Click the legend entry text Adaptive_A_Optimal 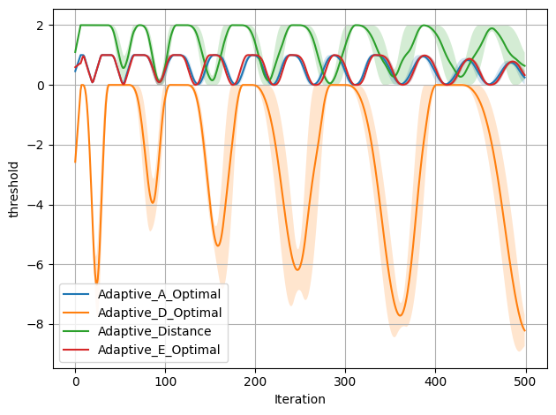pyautogui.click(x=159, y=294)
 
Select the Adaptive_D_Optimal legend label pyautogui.click(x=160, y=313)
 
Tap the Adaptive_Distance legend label pyautogui.click(x=154, y=331)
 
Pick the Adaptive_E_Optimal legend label pyautogui.click(x=159, y=350)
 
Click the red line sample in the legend pyautogui.click(x=76, y=350)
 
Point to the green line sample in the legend pyautogui.click(x=76, y=331)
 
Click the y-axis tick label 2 pyautogui.click(x=40, y=26)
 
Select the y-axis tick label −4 pyautogui.click(x=36, y=205)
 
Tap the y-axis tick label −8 pyautogui.click(x=36, y=325)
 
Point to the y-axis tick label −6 pyautogui.click(x=36, y=265)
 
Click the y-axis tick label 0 pyautogui.click(x=40, y=86)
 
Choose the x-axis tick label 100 pyautogui.click(x=165, y=381)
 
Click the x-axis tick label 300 pyautogui.click(x=345, y=381)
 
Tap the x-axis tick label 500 pyautogui.click(x=525, y=381)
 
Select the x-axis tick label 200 pyautogui.click(x=255, y=381)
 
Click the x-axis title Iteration pyautogui.click(x=300, y=399)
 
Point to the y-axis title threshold pyautogui.click(x=13, y=190)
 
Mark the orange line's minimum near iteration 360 pyautogui.click(x=400, y=316)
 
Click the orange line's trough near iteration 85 pyautogui.click(x=153, y=203)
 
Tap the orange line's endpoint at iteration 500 pyautogui.click(x=525, y=331)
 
